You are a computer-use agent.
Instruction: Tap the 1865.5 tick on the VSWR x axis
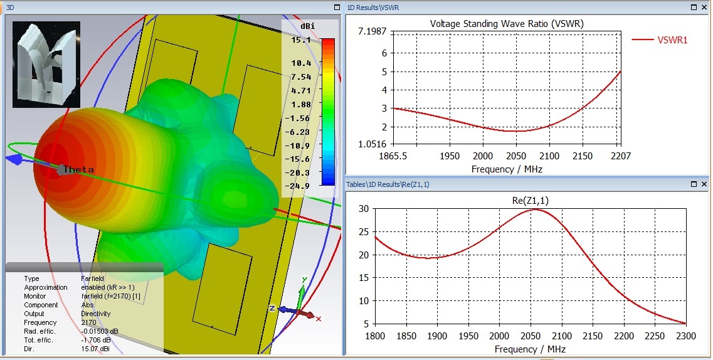tap(394, 156)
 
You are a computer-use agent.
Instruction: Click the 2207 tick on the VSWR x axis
tap(621, 156)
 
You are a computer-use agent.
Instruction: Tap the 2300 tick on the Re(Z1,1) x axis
tap(685, 336)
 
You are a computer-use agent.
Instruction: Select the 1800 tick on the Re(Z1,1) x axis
tap(375, 336)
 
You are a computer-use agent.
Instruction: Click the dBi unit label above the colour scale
tap(307, 27)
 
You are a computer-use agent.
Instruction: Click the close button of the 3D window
tap(339, 8)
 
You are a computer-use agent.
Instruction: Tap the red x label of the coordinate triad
tap(319, 319)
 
